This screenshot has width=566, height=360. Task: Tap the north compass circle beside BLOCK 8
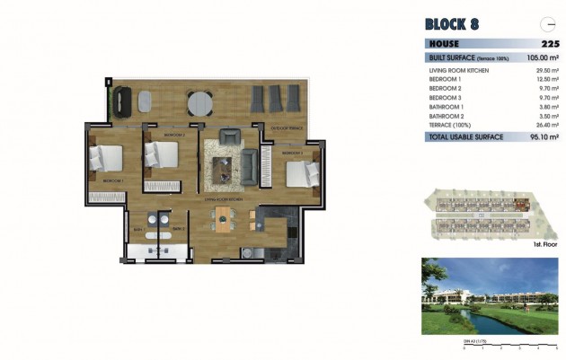tap(545, 24)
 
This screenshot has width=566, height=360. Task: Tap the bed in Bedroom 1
tap(106, 159)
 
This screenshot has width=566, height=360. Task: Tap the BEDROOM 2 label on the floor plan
tap(174, 135)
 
